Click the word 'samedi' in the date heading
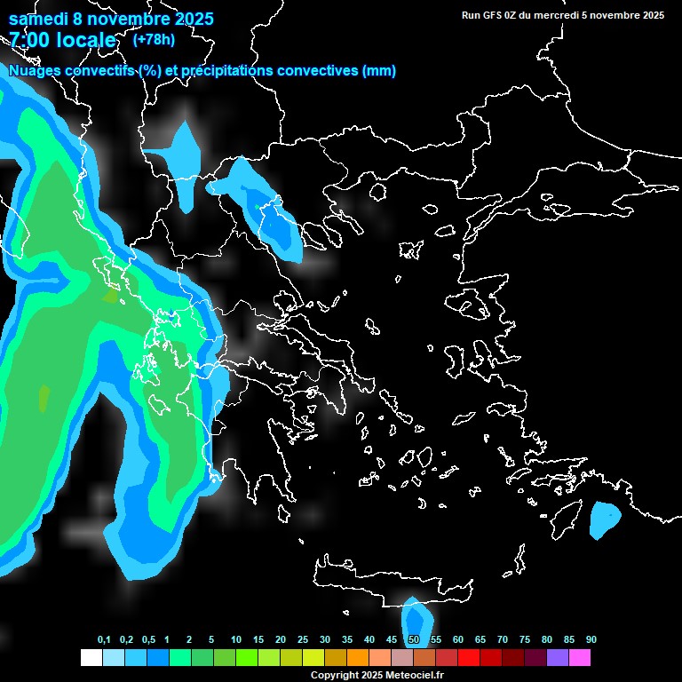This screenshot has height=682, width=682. tap(37, 19)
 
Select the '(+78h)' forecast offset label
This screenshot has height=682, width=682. tap(154, 39)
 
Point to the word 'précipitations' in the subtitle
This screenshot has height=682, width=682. tap(230, 71)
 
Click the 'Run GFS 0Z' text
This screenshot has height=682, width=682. tap(488, 15)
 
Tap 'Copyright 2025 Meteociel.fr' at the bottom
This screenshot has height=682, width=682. tap(377, 675)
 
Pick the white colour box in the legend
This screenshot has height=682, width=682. tap(91, 657)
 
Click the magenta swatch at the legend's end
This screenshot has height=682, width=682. tap(580, 657)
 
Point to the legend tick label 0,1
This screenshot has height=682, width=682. tap(104, 639)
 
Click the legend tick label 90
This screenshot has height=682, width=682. tap(591, 639)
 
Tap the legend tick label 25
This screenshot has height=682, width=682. tap(303, 639)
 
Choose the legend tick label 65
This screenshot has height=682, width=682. tap(480, 639)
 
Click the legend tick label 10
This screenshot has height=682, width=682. tap(236, 639)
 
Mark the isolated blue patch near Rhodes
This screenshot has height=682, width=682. tap(605, 520)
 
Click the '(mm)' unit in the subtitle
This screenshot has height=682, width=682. tap(379, 71)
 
